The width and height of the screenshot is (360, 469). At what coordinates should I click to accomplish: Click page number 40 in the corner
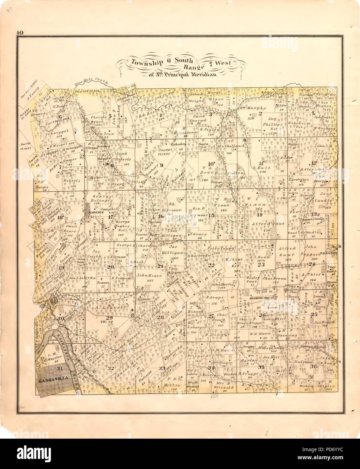(x=19, y=33)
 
